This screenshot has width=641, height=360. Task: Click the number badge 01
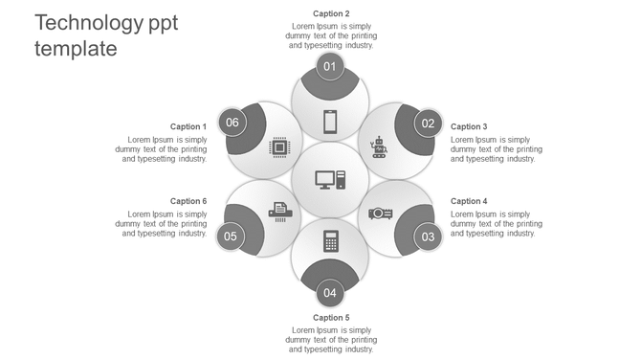click(330, 66)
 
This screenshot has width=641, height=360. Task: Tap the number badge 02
click(428, 123)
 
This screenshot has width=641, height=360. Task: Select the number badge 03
click(428, 236)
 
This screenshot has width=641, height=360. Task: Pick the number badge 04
click(330, 293)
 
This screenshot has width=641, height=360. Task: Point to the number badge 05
click(231, 236)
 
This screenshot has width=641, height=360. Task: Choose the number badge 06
click(232, 123)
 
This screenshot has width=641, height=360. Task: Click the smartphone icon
click(330, 123)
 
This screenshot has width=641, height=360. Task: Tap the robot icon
click(379, 146)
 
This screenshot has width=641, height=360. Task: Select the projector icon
click(381, 213)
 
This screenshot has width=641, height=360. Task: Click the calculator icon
click(330, 240)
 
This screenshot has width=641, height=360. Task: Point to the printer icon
click(278, 212)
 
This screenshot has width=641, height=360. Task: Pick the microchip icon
click(279, 147)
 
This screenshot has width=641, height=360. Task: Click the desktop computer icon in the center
click(330, 179)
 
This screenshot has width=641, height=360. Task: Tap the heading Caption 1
click(188, 126)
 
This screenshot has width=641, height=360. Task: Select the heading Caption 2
click(331, 13)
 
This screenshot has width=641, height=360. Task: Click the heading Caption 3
click(469, 126)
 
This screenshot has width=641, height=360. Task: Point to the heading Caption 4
click(469, 201)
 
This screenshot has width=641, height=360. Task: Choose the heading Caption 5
click(331, 317)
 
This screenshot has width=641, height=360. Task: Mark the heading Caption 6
click(188, 201)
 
